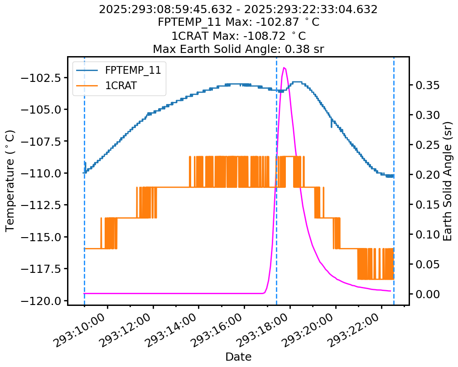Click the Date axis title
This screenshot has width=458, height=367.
click(238, 357)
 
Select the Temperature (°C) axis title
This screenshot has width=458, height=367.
click(10, 181)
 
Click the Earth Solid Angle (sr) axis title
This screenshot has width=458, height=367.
click(448, 181)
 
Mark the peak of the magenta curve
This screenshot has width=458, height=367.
click(284, 68)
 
